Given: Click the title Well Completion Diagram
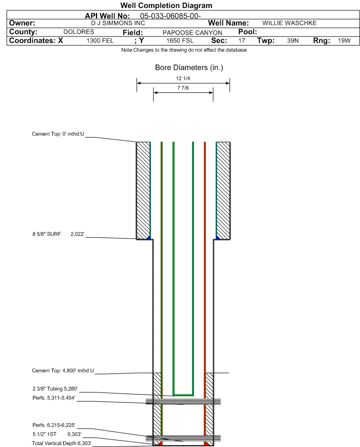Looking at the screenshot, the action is (166, 5).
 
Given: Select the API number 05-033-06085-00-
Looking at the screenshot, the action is (170, 16).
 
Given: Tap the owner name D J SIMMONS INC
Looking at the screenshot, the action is (118, 23).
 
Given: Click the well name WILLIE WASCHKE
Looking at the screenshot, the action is (289, 23).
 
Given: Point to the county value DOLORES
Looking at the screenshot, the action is (79, 32).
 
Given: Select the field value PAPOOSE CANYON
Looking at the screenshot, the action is (192, 33).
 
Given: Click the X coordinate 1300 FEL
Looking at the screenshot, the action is (100, 40).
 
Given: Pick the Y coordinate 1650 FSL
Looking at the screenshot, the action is (180, 40).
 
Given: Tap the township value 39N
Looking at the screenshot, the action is (293, 40).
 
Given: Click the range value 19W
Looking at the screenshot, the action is (344, 40).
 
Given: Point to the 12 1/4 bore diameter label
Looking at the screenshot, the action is (183, 78).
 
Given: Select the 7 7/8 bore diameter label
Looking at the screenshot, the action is (183, 88).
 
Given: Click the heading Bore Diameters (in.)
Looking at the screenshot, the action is (189, 68).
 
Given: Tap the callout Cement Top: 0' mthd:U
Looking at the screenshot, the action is (58, 134).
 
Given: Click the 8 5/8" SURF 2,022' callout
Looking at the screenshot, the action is (58, 234).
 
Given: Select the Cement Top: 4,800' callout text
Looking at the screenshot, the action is (63, 371).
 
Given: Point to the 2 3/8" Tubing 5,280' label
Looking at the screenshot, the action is (55, 389).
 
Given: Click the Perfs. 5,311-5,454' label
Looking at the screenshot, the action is (54, 398).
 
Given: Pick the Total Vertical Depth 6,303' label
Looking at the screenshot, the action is (62, 443).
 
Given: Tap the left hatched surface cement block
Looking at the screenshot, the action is (143, 191).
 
